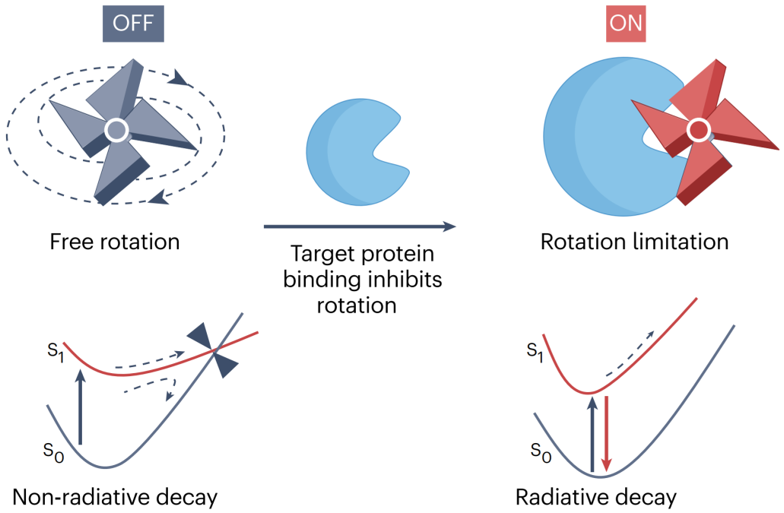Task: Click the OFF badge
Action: pos(133,23)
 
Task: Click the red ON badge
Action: pos(626,24)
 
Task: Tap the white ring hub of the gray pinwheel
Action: pos(116,131)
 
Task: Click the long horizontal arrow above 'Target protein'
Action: pos(360,226)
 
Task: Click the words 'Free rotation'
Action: pos(115,242)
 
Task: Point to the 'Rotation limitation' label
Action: pos(634,242)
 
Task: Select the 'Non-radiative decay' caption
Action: pos(115,498)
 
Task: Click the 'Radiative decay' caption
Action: pos(596,498)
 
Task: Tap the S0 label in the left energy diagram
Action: pos(53,452)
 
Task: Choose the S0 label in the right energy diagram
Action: pos(541,452)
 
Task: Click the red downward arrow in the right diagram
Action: pos(607,433)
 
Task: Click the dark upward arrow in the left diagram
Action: pos(80,406)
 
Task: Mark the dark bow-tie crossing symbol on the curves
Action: pos(212,350)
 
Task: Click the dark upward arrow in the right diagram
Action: pos(592,433)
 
